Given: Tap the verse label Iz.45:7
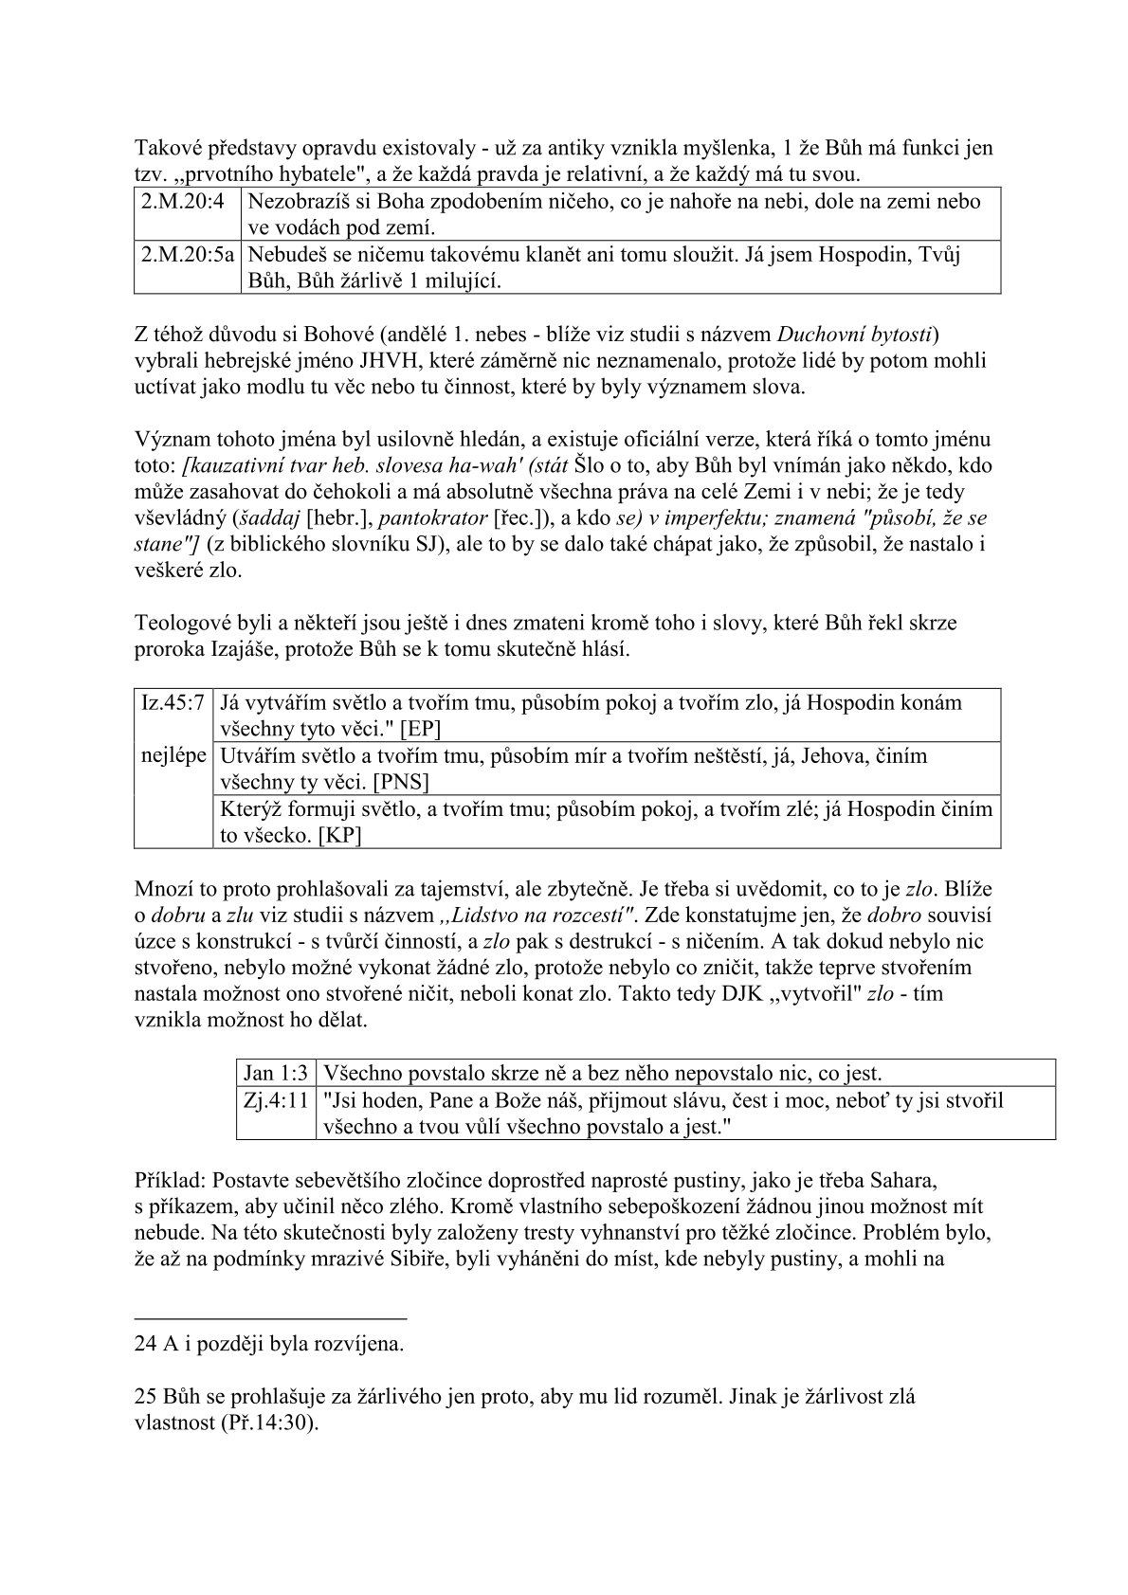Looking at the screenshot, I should tap(172, 703).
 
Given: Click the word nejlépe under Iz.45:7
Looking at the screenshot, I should tap(173, 756).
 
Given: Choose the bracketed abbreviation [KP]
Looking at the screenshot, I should tap(340, 835).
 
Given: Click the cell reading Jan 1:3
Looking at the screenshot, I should tap(275, 1073).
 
